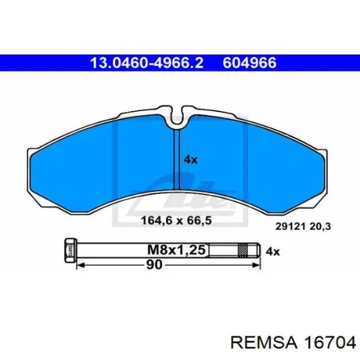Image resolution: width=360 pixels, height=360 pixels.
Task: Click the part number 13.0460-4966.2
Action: tap(147, 63)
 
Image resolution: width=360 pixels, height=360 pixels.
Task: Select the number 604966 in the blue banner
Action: tap(250, 63)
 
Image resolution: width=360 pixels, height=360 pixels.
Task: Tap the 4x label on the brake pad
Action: tap(190, 160)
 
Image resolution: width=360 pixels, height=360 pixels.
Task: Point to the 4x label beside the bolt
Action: tap(273, 252)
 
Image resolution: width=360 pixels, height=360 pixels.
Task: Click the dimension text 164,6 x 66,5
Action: tap(176, 221)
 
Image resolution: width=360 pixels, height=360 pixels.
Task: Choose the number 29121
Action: tap(290, 227)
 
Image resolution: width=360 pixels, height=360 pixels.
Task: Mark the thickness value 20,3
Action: tap(320, 227)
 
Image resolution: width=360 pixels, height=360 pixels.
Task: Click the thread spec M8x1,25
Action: tap(176, 250)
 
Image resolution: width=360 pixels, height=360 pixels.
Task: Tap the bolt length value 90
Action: tap(154, 265)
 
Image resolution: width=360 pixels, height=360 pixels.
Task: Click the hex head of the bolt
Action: tap(70, 250)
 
